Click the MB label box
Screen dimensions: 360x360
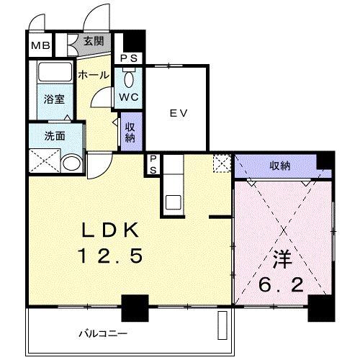click(40, 45)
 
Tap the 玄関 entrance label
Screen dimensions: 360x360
click(94, 41)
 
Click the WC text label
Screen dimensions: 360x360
click(129, 97)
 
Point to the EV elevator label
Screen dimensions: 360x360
click(179, 113)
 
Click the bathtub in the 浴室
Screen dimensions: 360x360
click(55, 71)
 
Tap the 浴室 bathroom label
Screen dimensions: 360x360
click(55, 99)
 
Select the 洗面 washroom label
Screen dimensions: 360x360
click(55, 136)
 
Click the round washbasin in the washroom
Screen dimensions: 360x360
click(72, 163)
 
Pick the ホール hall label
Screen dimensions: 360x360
click(94, 75)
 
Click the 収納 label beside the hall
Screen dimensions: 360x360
click(130, 132)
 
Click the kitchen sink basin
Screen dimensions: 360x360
click(174, 202)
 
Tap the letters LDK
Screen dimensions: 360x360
click(110, 230)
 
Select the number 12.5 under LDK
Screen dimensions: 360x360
click(110, 256)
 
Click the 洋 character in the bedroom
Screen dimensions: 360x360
click(283, 259)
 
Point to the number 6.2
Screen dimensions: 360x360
click(281, 284)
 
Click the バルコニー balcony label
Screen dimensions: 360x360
click(103, 333)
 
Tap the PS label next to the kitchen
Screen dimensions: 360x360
click(153, 164)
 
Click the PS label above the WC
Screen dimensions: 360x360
click(129, 58)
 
